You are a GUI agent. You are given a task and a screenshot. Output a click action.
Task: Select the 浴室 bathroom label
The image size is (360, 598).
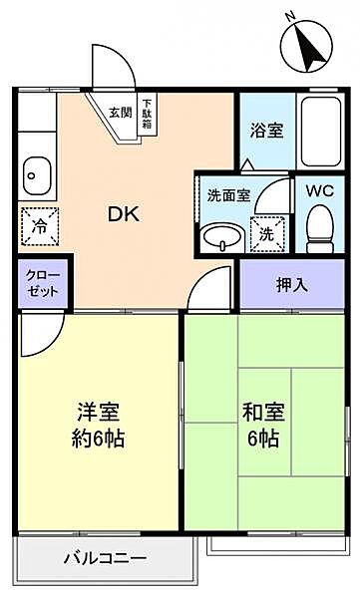pyautogui.click(x=265, y=130)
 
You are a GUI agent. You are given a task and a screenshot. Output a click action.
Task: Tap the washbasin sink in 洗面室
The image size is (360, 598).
pyautogui.click(x=220, y=237)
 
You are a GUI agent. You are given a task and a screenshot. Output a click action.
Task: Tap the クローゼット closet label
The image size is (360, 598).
pyautogui.click(x=41, y=282)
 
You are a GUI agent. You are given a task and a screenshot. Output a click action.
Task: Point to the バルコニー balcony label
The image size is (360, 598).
pyautogui.click(x=106, y=558)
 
